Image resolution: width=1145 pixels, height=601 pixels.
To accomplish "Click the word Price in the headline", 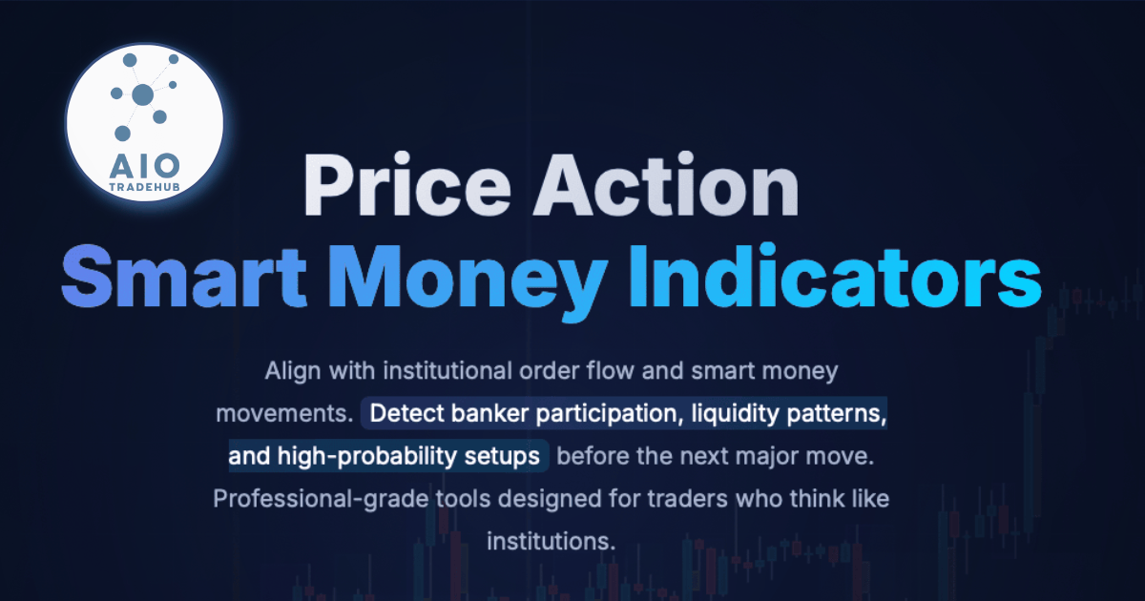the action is pos(406,184).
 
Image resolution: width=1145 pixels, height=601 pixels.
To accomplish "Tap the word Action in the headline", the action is pos(666,184).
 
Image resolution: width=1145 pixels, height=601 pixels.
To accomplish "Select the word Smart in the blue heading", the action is pos(183,276).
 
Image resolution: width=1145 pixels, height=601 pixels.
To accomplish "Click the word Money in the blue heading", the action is pos(468,282).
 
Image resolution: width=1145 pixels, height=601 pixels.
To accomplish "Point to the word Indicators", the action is pos(836,276).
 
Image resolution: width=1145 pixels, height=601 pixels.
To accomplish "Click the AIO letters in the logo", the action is pos(145,166).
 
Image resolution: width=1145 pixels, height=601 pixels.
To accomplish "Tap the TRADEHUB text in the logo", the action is pos(145,187).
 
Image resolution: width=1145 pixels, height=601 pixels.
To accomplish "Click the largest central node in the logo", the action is pos(142,94).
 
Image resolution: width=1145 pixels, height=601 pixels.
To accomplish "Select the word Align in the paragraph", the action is pos(292,371).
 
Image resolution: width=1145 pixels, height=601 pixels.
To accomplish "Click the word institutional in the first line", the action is pos(448,370).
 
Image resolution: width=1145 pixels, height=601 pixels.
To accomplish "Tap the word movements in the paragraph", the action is pos(284,413).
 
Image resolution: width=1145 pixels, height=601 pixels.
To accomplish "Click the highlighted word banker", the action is pos(489,413).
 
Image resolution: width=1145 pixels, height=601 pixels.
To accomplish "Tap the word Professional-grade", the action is pos(321,499).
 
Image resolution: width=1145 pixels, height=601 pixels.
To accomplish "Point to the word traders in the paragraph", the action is pos(687,499).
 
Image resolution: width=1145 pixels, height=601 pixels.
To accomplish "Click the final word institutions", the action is pos(552,541).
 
